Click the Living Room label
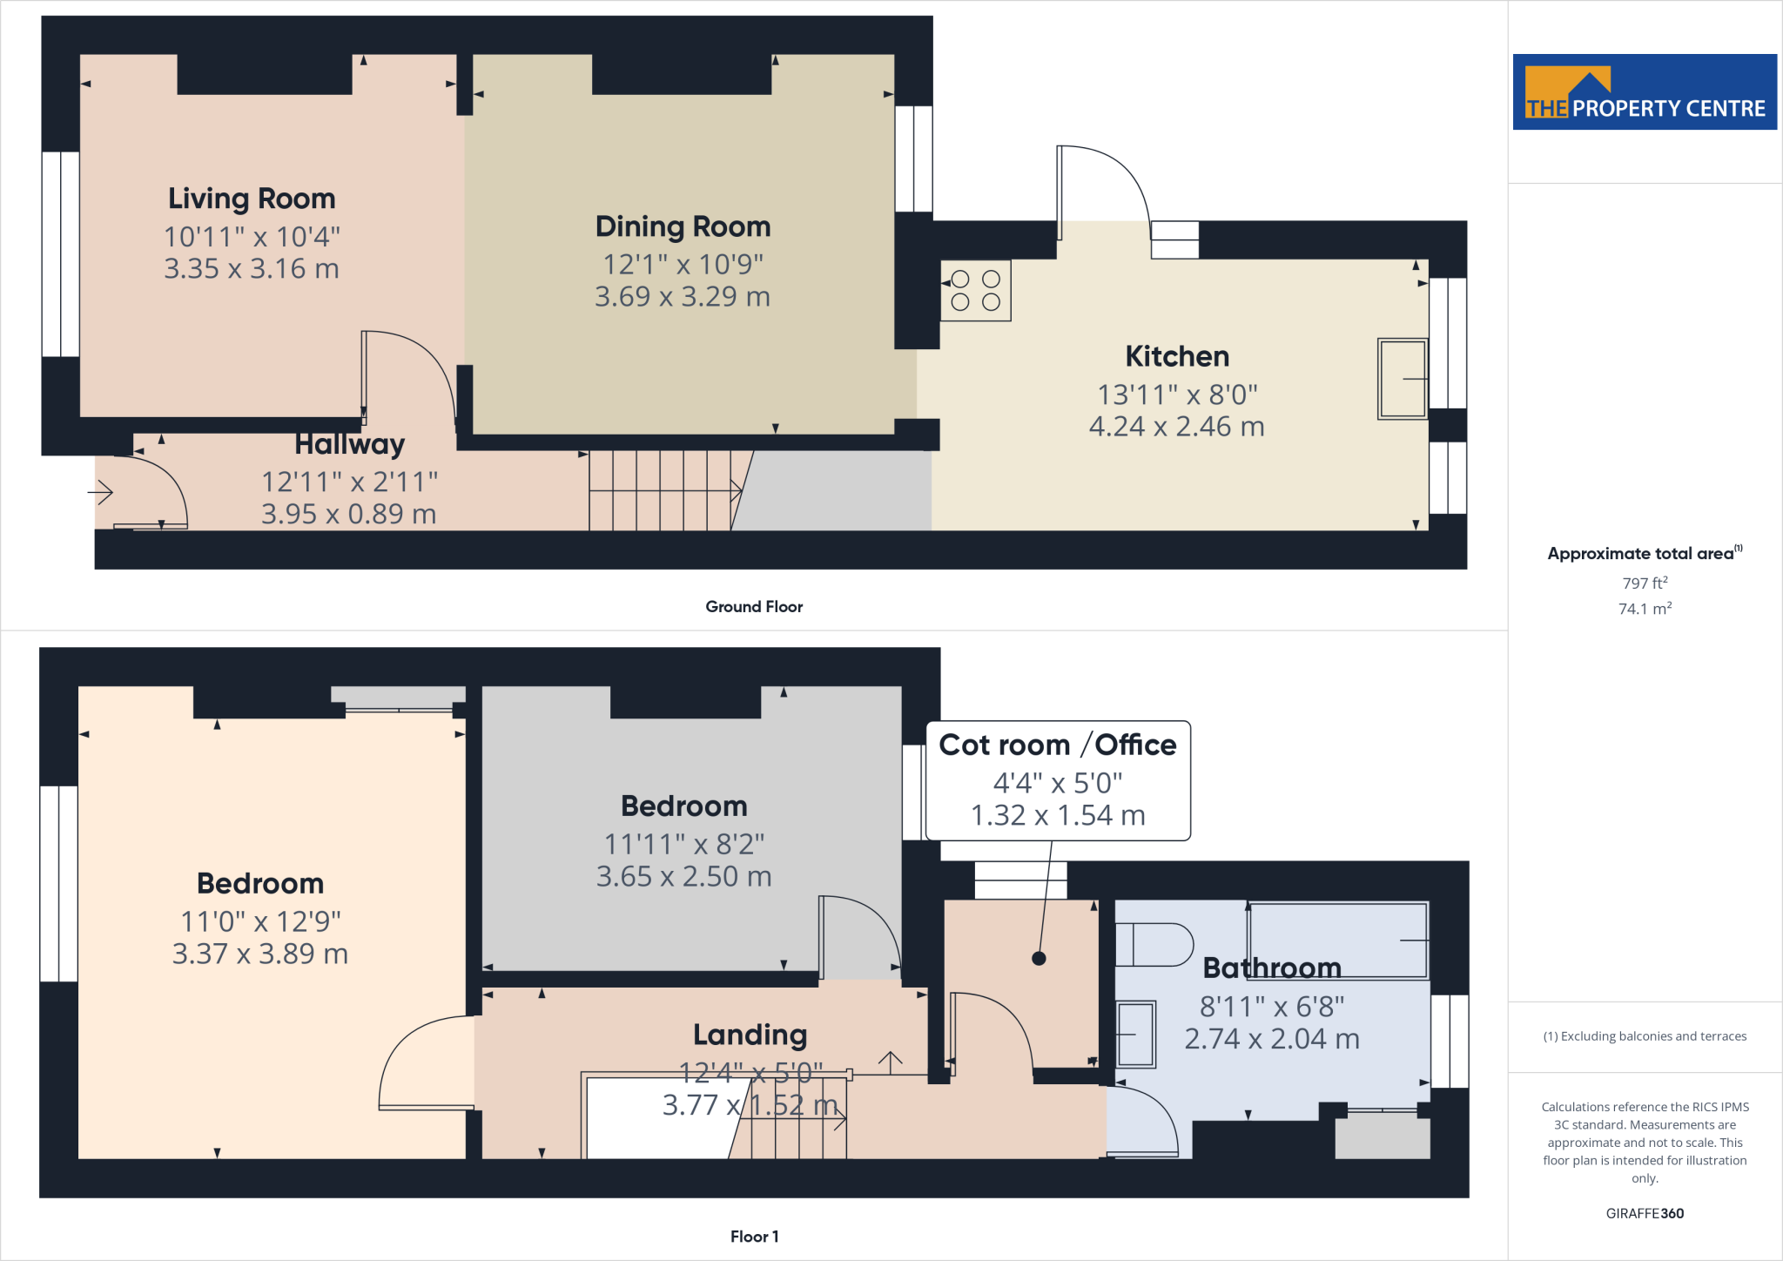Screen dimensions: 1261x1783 click(x=252, y=199)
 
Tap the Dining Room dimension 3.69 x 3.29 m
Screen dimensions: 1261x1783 click(x=683, y=297)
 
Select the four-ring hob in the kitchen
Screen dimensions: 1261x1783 click(x=975, y=291)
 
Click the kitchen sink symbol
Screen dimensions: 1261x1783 click(x=1402, y=379)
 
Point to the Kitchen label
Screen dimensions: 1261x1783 click(x=1177, y=356)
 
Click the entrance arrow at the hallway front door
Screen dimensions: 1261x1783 click(x=101, y=493)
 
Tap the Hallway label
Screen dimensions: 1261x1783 click(x=349, y=445)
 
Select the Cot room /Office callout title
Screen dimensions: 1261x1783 click(x=1057, y=745)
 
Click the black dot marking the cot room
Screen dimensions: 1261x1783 click(x=1039, y=959)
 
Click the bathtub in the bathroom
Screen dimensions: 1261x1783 click(x=1338, y=941)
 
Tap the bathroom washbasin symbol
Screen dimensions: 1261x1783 click(x=1135, y=1035)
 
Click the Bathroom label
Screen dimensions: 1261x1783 click(x=1271, y=968)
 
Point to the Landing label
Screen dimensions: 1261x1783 click(x=750, y=1035)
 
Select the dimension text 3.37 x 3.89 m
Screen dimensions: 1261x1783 click(x=259, y=954)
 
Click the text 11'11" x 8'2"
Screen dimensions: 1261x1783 click(x=683, y=844)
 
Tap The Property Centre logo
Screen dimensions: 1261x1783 click(x=1644, y=92)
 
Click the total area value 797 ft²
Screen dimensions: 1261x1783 click(x=1644, y=583)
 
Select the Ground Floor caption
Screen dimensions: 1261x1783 click(x=754, y=607)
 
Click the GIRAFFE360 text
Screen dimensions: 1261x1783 click(x=1644, y=1213)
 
